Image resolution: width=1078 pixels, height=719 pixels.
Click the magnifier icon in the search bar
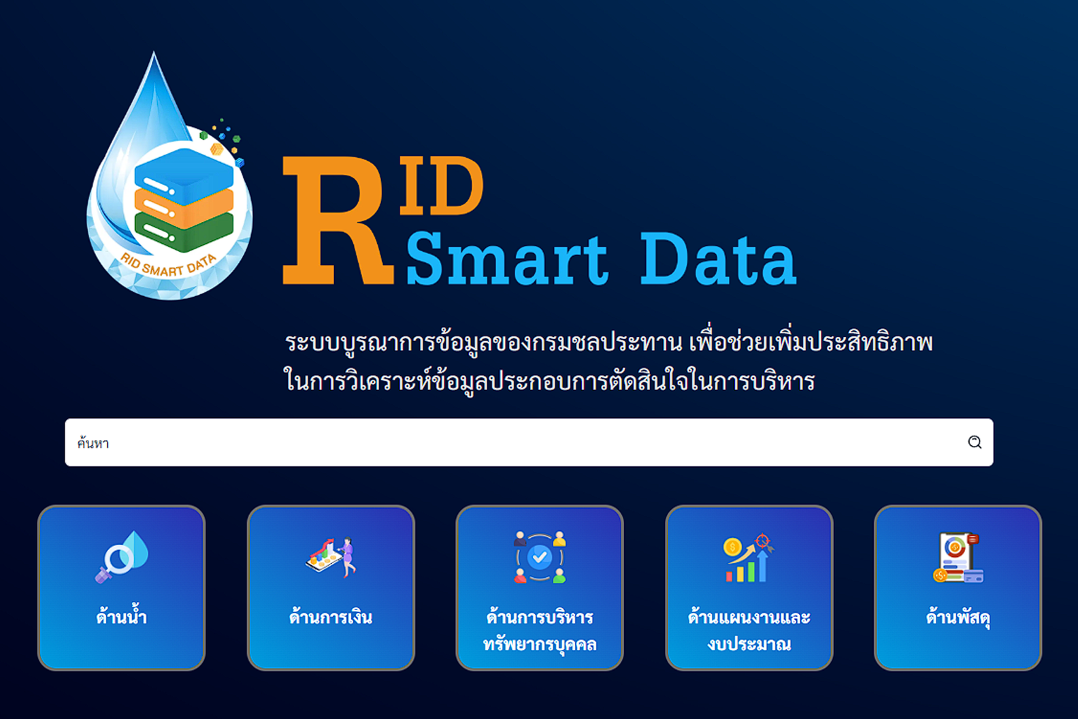[x=975, y=443]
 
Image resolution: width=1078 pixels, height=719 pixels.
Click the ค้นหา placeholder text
[x=93, y=444]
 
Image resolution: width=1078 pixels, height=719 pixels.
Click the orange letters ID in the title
[x=441, y=186]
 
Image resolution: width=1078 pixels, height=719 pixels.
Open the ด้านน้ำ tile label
[x=121, y=618]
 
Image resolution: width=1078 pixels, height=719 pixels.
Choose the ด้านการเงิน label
[x=331, y=618]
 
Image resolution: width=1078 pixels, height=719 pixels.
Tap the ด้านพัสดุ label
[x=958, y=618]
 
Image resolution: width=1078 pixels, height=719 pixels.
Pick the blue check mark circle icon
[x=540, y=558]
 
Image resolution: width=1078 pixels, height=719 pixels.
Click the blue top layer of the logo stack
[x=184, y=174]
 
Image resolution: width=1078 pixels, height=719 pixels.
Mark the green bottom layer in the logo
[x=184, y=232]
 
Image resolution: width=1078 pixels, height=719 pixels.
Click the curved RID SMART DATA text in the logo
[x=168, y=266]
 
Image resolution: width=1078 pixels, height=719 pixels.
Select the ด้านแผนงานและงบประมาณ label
[x=749, y=630]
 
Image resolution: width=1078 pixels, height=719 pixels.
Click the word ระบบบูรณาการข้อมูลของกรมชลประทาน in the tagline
[x=483, y=342]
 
